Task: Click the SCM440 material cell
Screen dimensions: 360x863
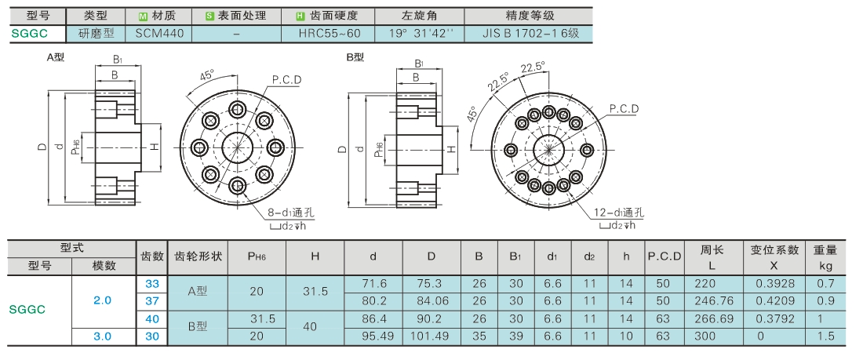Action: coord(159,34)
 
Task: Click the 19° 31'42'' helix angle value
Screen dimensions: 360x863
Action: coord(421,34)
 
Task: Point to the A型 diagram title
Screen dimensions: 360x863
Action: coord(55,57)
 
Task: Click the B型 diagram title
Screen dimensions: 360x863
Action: coord(355,57)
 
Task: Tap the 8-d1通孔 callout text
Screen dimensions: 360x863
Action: coord(291,213)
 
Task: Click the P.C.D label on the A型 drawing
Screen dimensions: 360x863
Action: coord(287,81)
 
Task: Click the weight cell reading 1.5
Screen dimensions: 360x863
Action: coord(825,336)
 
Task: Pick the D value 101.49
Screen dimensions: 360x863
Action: coord(431,336)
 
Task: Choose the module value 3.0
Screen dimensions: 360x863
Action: coord(103,336)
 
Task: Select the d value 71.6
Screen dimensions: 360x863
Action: coord(373,282)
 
